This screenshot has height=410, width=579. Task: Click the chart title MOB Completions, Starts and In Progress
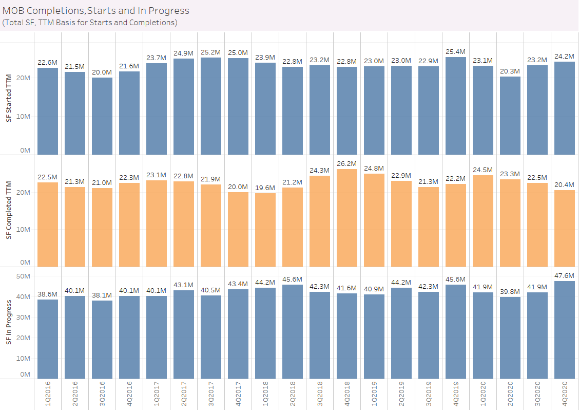point(96,11)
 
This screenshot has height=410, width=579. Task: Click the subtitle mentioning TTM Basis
point(90,23)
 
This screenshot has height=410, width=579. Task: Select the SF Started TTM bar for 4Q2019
point(455,105)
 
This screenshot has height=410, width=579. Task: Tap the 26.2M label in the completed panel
point(346,163)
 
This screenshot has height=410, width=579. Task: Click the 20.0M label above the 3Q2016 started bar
point(102,72)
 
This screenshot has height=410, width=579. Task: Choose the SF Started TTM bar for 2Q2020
point(510,116)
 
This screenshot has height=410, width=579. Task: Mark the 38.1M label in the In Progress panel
point(102,295)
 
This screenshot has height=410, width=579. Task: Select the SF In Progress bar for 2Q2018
point(292,332)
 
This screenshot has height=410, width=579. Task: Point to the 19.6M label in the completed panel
point(265,188)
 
